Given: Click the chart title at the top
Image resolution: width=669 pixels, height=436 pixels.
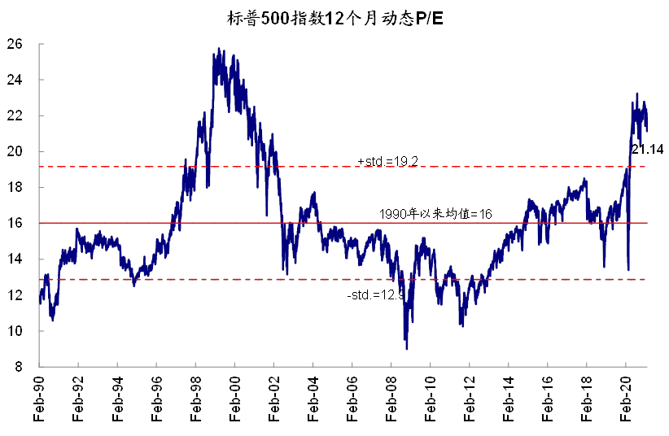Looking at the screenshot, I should pos(334,15).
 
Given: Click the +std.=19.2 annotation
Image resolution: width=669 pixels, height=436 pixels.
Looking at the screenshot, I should pos(387,160).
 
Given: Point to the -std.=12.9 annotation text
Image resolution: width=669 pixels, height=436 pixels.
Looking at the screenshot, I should pos(375,294).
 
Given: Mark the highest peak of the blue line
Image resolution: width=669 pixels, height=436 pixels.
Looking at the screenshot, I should pos(219,49).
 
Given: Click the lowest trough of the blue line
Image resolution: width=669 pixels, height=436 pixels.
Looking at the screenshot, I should pos(406,348).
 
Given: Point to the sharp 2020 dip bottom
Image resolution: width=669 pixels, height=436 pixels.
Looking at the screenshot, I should pos(628,269).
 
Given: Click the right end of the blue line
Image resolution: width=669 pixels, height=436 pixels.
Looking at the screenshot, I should pos(647,129).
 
